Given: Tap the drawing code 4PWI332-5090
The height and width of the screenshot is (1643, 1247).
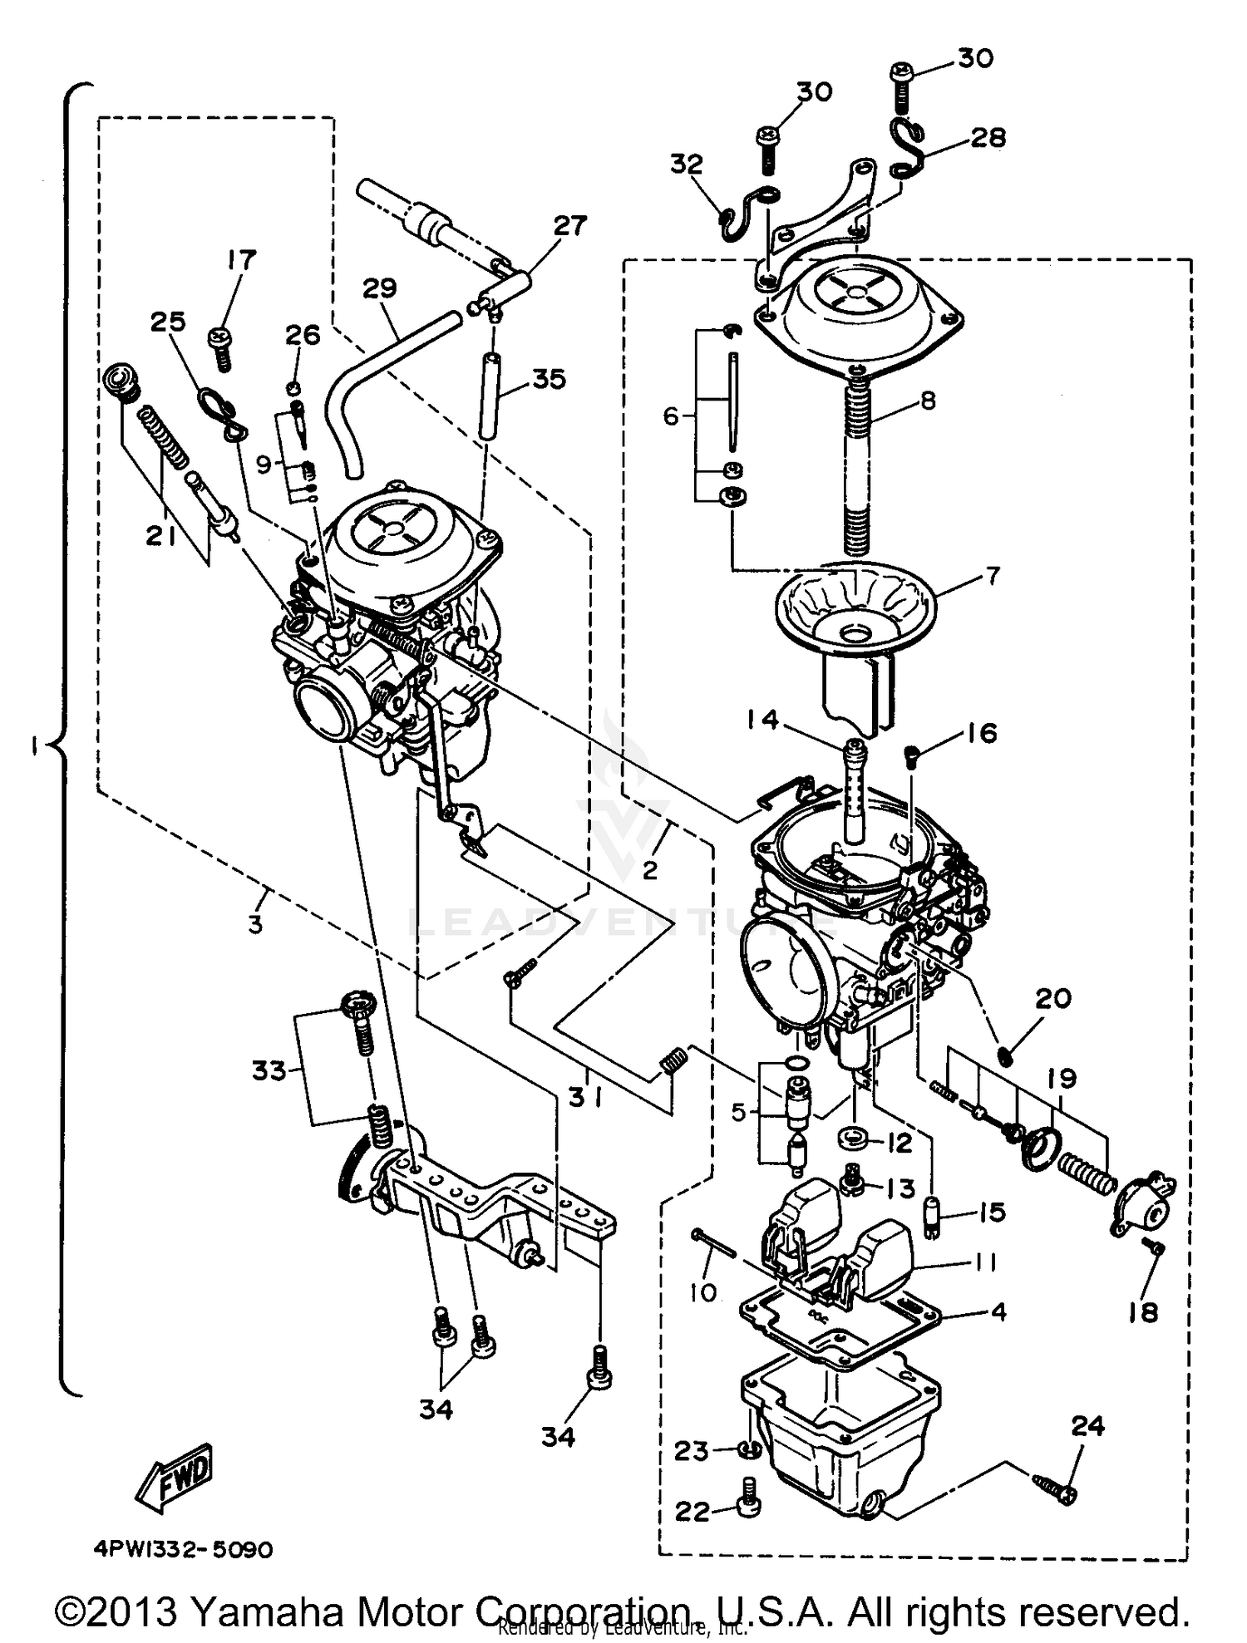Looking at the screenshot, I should (182, 1551).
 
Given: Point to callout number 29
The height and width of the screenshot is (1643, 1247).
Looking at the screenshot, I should (380, 288).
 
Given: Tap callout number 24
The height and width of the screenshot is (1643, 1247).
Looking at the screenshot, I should (1087, 1426).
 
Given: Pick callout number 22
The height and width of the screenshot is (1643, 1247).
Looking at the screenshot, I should (693, 1512).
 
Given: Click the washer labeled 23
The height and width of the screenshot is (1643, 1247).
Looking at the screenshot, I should (751, 1450).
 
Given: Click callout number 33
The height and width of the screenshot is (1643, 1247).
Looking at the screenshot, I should (269, 1071).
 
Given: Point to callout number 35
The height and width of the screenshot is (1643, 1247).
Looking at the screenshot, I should (549, 379).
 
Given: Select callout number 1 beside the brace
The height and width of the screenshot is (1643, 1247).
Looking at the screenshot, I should (33, 748).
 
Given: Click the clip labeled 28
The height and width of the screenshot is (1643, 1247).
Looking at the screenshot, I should (906, 150).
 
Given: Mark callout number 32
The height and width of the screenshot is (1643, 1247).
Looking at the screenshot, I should (687, 164).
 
